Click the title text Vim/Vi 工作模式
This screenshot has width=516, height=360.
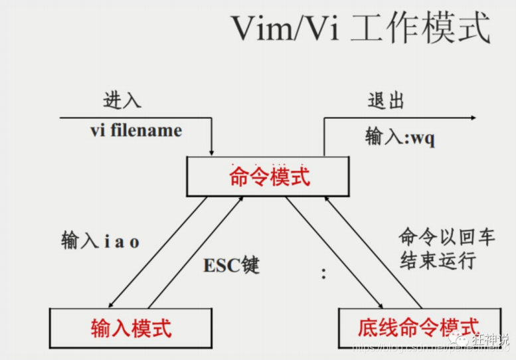[360, 29]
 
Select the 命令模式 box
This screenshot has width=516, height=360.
[269, 177]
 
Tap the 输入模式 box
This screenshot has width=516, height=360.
[131, 327]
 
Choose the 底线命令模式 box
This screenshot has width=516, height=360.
[418, 327]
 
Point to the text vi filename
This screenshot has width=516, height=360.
[135, 130]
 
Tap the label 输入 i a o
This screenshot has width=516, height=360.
[100, 241]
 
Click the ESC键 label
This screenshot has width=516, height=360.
[231, 266]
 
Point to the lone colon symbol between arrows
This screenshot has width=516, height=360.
[324, 273]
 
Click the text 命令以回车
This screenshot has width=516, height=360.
[438, 237]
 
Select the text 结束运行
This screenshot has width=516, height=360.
[438, 260]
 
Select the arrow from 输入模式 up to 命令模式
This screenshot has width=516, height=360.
[197, 253]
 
